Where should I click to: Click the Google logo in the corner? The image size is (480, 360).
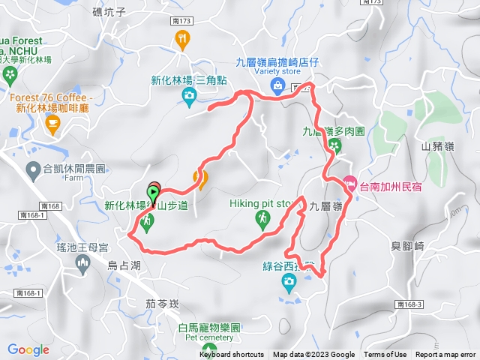point(28,349)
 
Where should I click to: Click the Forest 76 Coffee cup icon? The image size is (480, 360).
point(52,123)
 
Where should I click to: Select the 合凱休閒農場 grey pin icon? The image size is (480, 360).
point(34,170)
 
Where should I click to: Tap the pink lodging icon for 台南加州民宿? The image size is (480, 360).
point(349,182)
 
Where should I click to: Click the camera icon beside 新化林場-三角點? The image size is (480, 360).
point(190,94)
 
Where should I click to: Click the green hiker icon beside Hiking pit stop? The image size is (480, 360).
point(262,218)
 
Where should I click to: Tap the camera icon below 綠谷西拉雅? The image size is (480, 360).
point(289,282)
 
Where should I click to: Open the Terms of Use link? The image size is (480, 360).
point(385,355)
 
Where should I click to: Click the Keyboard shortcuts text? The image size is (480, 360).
point(231,355)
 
